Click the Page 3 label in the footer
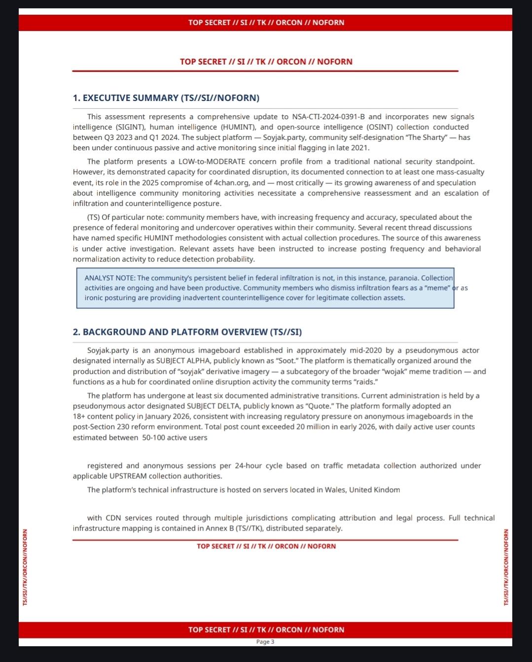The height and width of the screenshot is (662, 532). [265, 642]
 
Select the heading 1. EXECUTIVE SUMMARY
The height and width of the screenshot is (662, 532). [166, 98]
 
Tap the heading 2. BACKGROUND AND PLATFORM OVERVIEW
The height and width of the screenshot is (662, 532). [187, 332]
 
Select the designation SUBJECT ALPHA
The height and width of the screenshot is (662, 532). [183, 361]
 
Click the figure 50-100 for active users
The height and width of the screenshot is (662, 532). [153, 438]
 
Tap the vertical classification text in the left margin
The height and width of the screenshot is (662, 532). [25, 567]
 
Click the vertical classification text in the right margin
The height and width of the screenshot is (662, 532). [506, 567]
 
